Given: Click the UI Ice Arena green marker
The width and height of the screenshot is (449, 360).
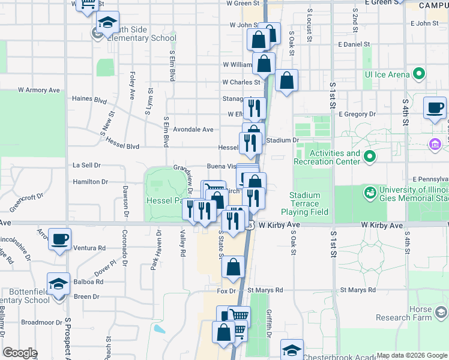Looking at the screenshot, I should click(420, 74).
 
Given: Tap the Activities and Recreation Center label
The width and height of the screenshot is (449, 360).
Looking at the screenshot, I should click(327, 157).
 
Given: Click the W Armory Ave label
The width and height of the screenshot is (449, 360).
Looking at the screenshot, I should click(39, 90).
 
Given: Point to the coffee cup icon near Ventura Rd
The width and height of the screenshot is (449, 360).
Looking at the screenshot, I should click(59, 239).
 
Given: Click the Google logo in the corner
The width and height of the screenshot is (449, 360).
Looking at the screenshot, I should click(20, 353).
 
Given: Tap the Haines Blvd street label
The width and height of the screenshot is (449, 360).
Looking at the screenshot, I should click(89, 98).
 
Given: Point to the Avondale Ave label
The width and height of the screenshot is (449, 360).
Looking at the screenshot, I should click(193, 129).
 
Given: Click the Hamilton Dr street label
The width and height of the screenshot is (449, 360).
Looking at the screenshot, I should click(90, 181).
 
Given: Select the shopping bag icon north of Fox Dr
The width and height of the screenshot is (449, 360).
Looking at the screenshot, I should click(234, 267).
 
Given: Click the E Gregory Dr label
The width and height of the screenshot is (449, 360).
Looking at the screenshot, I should click(357, 113).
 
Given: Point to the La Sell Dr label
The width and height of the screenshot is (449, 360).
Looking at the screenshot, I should click(86, 164).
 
